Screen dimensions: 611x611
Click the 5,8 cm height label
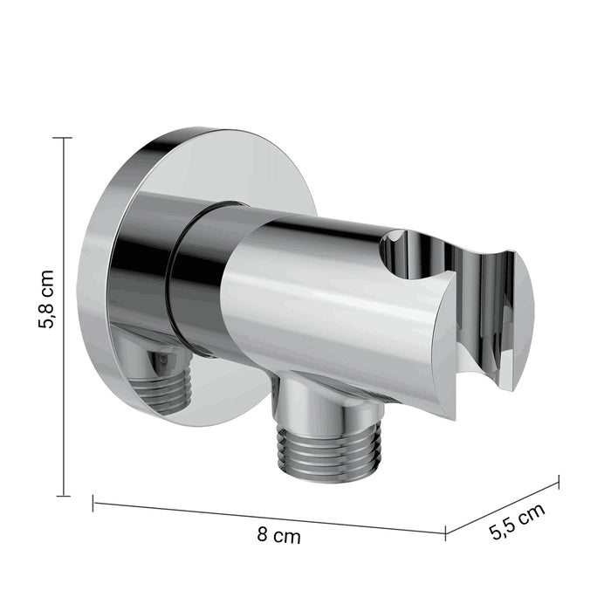click(46, 299)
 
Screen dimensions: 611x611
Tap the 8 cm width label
click(278, 535)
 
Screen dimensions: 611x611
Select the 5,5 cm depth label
click(517, 521)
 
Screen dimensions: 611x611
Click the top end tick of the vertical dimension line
click(62, 138)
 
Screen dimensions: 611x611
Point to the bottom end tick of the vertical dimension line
click(63, 496)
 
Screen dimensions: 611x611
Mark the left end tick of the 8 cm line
click(93, 503)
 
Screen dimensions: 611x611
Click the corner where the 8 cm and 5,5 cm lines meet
click(445, 533)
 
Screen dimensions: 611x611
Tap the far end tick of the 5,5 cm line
click(560, 482)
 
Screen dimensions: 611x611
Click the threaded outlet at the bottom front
click(329, 452)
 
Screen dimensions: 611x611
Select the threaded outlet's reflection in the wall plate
click(163, 387)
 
